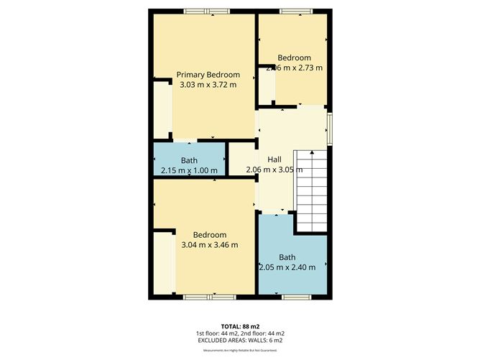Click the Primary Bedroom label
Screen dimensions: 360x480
(x=208, y=75)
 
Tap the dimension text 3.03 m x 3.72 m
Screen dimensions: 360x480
(x=208, y=85)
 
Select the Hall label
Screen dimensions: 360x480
(x=274, y=160)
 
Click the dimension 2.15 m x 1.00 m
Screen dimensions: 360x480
(x=190, y=170)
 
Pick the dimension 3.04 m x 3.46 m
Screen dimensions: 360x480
(x=209, y=245)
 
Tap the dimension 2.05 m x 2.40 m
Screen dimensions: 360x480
(x=287, y=267)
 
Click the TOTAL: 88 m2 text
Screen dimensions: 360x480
(x=240, y=326)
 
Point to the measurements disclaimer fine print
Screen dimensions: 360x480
(x=240, y=350)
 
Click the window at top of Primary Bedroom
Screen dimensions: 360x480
(x=206, y=11)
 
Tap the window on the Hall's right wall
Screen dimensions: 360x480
(x=330, y=126)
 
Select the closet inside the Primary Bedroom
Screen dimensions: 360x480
(x=162, y=110)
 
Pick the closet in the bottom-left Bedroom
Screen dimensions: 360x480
(x=163, y=262)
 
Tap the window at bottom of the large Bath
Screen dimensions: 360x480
(x=294, y=296)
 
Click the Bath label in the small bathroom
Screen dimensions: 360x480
(x=190, y=160)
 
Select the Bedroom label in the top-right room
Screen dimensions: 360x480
(x=295, y=58)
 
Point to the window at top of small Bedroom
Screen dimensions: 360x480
(x=294, y=11)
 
